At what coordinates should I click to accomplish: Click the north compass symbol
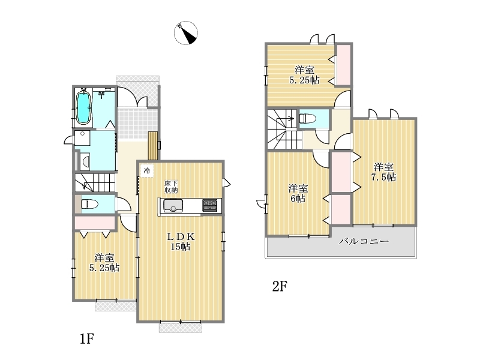186,33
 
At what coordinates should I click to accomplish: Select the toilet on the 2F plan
307,118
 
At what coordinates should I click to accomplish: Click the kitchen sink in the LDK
173,205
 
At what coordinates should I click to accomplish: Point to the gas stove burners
210,205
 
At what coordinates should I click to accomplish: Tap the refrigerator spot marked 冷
147,170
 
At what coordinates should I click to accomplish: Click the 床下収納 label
171,187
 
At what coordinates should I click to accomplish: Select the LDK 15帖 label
181,242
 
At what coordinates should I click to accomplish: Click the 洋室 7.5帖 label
383,172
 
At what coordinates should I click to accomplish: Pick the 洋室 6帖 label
298,193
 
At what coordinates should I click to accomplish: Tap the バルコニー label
364,241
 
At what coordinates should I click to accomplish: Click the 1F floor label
87,339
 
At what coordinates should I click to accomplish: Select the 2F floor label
280,287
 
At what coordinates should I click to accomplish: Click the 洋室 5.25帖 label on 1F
104,263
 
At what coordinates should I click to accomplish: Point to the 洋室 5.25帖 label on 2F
304,75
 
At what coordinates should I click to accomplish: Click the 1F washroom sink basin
85,161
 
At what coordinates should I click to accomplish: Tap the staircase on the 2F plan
283,129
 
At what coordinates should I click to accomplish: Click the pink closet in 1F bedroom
95,223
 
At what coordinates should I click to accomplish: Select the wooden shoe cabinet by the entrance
153,146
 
